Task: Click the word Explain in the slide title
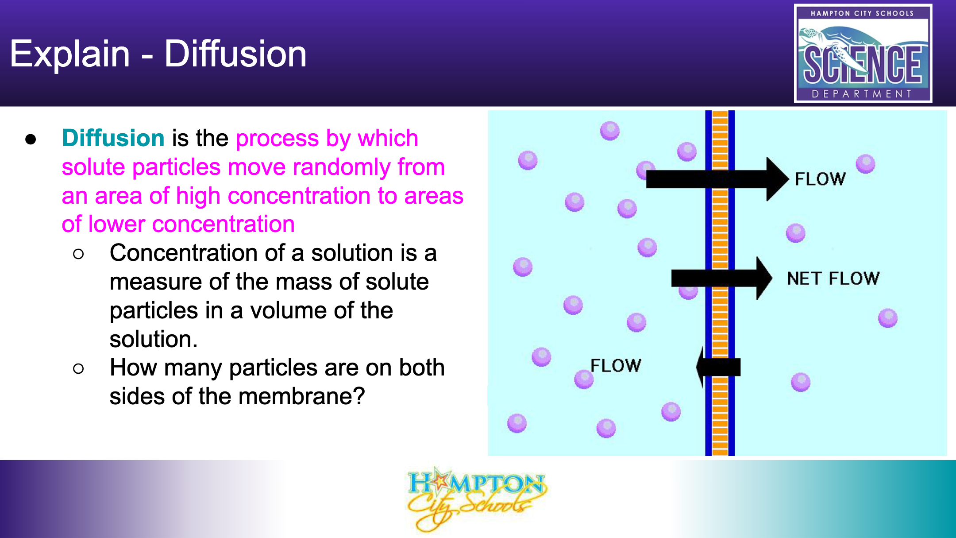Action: (70, 54)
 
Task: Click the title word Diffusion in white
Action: (235, 54)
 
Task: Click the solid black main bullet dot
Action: (31, 139)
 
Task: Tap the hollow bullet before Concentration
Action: (78, 254)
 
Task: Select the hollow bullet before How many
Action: (78, 368)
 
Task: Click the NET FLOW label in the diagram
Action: (833, 279)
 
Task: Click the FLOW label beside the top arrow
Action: (820, 179)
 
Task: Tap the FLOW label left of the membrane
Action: (616, 366)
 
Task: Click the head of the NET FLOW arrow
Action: (764, 278)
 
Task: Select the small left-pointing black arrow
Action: (718, 367)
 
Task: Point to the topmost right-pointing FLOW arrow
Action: (717, 179)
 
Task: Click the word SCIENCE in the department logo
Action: (863, 65)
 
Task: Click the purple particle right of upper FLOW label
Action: (865, 164)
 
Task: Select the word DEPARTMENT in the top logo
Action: (862, 94)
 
